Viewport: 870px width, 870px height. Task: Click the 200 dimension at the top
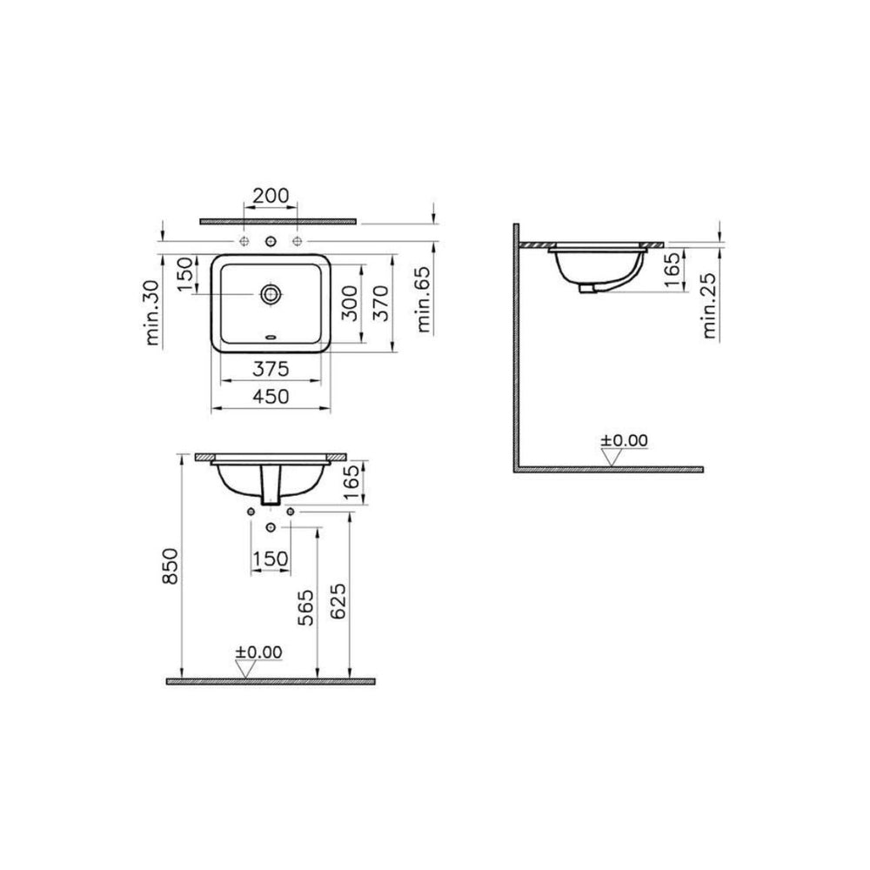271,195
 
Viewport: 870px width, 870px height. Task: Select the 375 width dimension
271,368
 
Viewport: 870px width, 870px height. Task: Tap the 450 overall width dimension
271,396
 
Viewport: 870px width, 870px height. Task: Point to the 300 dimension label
350,303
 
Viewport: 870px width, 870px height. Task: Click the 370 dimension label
381,303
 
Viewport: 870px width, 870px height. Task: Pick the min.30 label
152,312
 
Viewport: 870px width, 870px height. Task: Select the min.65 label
424,299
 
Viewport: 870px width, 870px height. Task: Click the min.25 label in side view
710,305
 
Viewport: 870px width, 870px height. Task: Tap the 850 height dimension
171,566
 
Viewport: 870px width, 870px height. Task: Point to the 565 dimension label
305,607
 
